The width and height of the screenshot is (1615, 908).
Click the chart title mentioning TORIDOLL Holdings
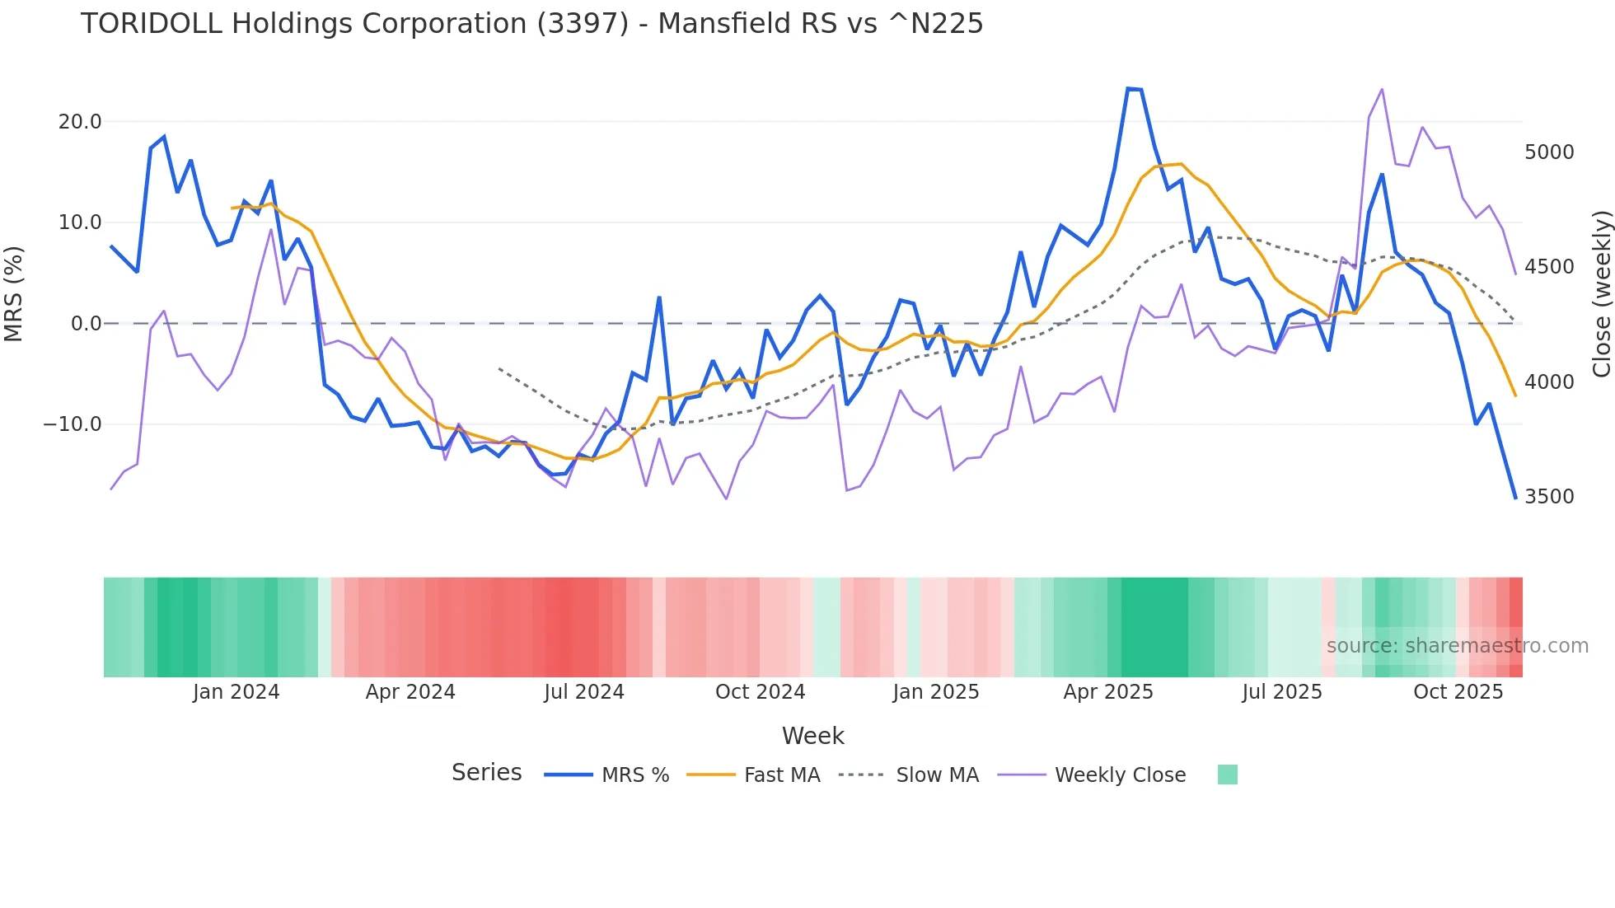click(x=531, y=24)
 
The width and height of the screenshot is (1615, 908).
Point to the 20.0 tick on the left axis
click(x=80, y=122)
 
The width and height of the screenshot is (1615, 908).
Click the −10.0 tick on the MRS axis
click(x=73, y=424)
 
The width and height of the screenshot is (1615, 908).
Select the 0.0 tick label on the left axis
click(x=86, y=324)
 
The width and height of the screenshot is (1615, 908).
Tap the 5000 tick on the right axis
click(x=1549, y=152)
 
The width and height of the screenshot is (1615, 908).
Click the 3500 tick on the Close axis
click(x=1549, y=497)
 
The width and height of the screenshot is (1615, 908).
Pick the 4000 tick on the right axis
click(x=1549, y=382)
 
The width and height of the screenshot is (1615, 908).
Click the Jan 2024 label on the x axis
click(x=236, y=692)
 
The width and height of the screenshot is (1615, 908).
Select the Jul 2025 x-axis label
click(x=1281, y=692)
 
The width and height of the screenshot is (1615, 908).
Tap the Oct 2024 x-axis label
click(x=760, y=692)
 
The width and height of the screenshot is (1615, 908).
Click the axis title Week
click(x=812, y=736)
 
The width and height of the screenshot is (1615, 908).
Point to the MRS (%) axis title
click(x=14, y=293)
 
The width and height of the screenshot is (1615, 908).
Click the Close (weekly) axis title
click(x=1601, y=293)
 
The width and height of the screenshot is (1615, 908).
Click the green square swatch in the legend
click(x=1227, y=775)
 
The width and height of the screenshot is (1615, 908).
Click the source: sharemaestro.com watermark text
click(x=1457, y=646)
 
